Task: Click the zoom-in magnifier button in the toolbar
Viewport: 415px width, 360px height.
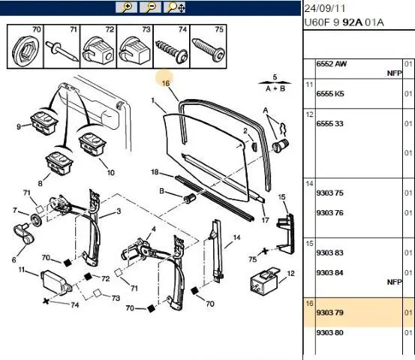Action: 126,7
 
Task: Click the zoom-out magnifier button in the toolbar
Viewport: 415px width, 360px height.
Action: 150,7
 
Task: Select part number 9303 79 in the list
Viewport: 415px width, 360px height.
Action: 329,313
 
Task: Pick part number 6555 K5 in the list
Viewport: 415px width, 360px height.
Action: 330,94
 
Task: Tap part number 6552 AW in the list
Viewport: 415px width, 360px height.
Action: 332,64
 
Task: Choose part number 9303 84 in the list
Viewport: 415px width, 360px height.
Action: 329,273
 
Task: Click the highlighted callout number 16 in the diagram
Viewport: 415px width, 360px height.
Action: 165,83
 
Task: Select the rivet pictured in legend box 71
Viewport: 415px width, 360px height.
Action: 62,50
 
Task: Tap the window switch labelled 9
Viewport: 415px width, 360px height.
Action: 44,123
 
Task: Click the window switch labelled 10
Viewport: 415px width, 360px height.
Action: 92,145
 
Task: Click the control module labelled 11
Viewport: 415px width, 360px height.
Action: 56,282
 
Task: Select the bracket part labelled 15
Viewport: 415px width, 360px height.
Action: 286,233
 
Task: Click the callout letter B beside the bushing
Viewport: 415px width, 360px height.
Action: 161,191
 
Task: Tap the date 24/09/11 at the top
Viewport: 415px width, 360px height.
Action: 325,8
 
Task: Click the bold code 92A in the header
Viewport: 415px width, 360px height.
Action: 352,22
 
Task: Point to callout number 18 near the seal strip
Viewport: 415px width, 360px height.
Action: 155,172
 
